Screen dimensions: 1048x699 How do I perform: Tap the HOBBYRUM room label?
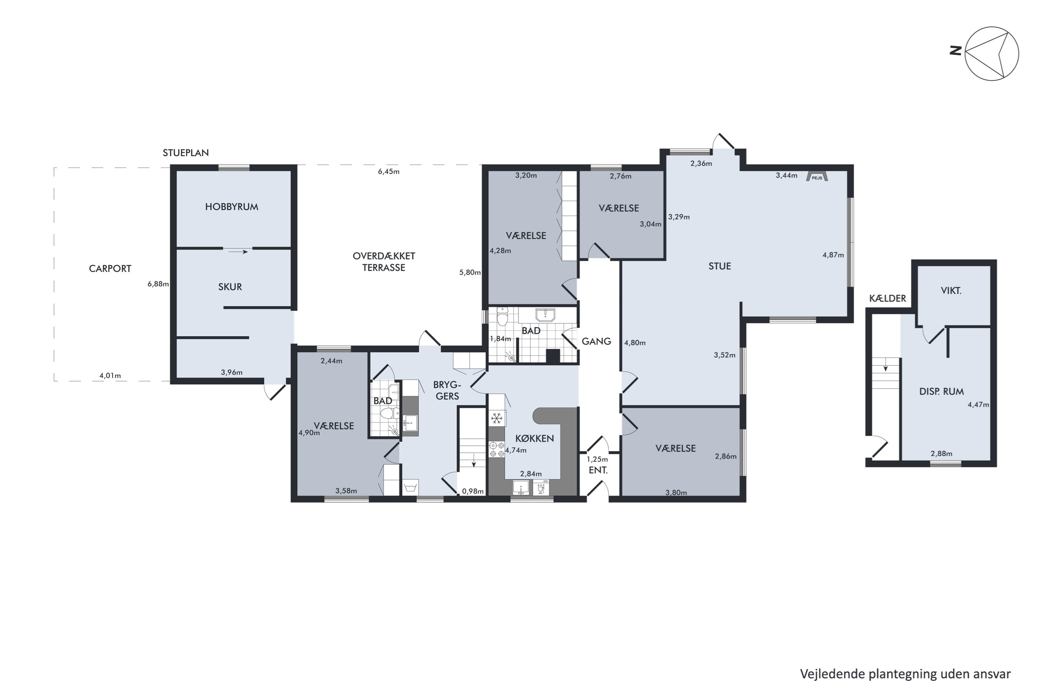pyautogui.click(x=232, y=207)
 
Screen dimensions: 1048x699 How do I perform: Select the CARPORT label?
pyautogui.click(x=110, y=269)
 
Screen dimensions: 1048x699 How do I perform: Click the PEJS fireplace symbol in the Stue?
pyautogui.click(x=817, y=176)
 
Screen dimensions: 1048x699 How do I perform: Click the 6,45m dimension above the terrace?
pyautogui.click(x=388, y=172)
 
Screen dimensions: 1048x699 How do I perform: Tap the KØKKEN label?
pyautogui.click(x=535, y=439)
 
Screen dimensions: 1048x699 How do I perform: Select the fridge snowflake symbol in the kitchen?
pyautogui.click(x=496, y=418)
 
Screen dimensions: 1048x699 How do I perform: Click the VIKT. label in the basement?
pyautogui.click(x=951, y=291)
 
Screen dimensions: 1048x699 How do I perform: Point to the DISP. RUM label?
pyautogui.click(x=941, y=392)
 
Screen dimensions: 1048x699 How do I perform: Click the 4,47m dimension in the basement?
pyautogui.click(x=978, y=405)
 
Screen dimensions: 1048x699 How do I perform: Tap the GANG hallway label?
pyautogui.click(x=596, y=341)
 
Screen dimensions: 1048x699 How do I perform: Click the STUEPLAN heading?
pyautogui.click(x=186, y=153)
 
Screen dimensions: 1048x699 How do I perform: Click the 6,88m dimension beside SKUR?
pyautogui.click(x=158, y=284)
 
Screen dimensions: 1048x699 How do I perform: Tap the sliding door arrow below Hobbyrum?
pyautogui.click(x=238, y=252)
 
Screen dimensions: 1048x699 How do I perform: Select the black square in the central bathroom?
pyautogui.click(x=553, y=356)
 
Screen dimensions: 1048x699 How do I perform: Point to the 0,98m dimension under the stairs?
pyautogui.click(x=473, y=491)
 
